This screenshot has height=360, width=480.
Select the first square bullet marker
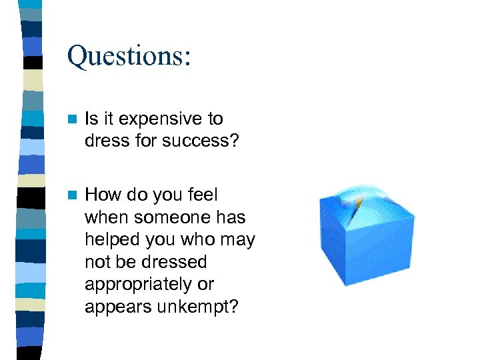coord(73,119)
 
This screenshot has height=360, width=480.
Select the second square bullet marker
coord(73,195)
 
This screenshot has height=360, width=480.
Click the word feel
coord(203,195)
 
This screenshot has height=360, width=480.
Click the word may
coord(239,240)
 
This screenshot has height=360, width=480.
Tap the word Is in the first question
coord(91,119)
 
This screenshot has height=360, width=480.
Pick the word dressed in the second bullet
coord(175,262)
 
